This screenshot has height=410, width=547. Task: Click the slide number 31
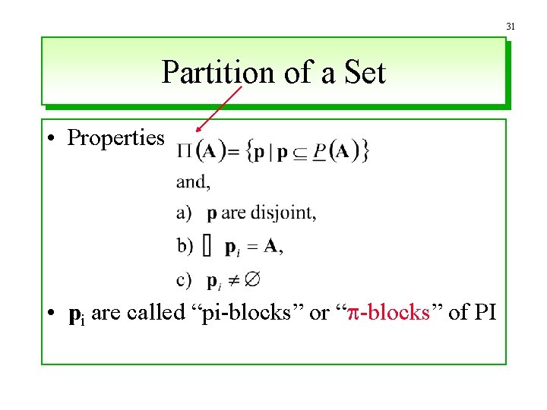pyautogui.click(x=511, y=27)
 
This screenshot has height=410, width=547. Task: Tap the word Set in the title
pyautogui.click(x=365, y=73)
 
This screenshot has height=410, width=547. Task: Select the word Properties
pyautogui.click(x=115, y=137)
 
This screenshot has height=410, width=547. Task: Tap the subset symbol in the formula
pyautogui.click(x=300, y=152)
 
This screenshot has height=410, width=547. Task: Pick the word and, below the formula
pyautogui.click(x=193, y=182)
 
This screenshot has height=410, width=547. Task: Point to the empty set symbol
pyautogui.click(x=254, y=279)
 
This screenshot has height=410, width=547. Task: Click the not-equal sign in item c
pyautogui.click(x=234, y=280)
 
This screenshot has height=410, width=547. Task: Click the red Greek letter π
pyautogui.click(x=354, y=314)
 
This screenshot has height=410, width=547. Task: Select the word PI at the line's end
pyautogui.click(x=483, y=312)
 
